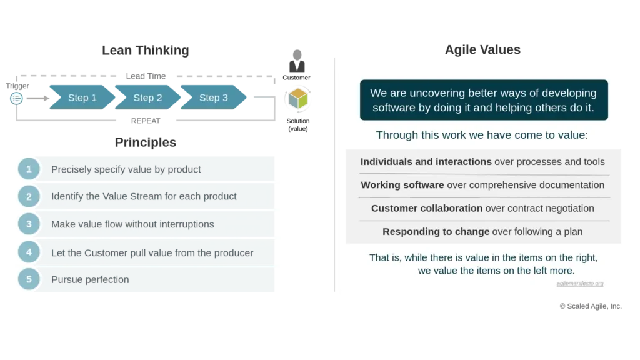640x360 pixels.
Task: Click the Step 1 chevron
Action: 82,97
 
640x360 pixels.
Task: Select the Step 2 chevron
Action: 147,97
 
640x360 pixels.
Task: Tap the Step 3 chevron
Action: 214,97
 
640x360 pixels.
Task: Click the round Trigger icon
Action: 16,98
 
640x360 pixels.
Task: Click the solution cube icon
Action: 298,99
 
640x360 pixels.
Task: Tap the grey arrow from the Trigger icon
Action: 38,98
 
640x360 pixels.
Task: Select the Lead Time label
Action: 146,76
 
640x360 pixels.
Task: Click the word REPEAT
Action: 146,121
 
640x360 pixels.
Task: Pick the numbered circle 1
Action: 29,169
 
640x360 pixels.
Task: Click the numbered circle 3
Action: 29,224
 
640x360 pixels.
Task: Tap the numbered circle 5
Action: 29,279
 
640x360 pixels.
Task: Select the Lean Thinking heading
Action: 145,50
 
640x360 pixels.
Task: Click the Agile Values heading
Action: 482,49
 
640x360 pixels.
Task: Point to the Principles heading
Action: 145,142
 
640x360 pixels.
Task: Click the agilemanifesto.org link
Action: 579,283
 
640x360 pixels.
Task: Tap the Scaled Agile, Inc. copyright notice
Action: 591,306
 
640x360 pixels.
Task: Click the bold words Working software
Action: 402,185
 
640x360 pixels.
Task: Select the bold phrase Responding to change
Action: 436,231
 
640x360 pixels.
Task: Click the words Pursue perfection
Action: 90,279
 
